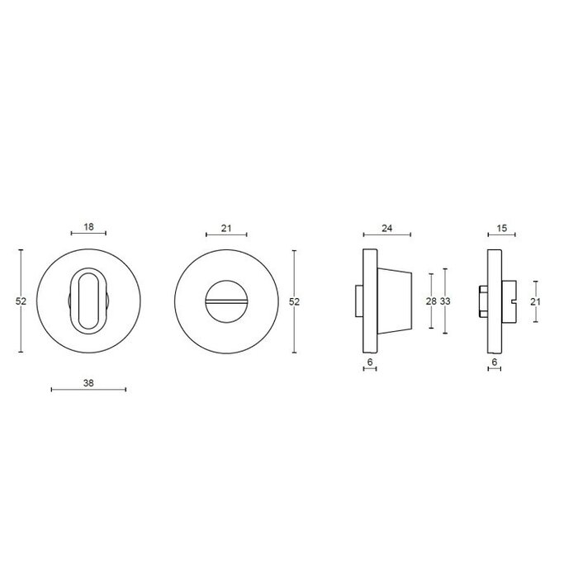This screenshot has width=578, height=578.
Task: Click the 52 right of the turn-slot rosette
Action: pyautogui.click(x=294, y=301)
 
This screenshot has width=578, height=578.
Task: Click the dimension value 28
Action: pyautogui.click(x=430, y=301)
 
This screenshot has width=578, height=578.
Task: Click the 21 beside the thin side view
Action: pyautogui.click(x=534, y=301)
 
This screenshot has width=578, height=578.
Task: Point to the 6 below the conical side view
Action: pyautogui.click(x=369, y=362)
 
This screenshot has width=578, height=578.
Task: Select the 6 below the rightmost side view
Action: pyautogui.click(x=494, y=362)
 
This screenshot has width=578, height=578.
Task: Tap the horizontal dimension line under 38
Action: pyautogui.click(x=88, y=389)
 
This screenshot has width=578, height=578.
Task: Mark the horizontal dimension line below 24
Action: pyautogui.click(x=386, y=236)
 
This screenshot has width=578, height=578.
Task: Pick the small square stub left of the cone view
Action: pyautogui.click(x=358, y=301)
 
